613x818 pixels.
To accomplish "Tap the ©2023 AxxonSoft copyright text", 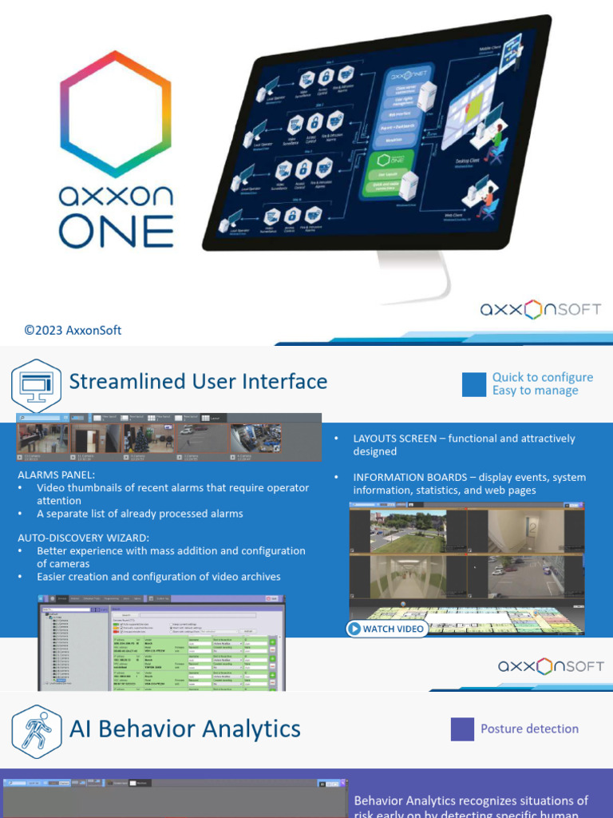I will coord(73,330).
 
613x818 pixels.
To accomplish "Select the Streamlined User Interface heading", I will coord(198,382).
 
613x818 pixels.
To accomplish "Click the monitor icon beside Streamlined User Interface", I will coord(35,385).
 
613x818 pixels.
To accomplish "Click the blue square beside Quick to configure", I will coord(473,384).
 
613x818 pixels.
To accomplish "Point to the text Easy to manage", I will coord(535,391).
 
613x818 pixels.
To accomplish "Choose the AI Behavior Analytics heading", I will coord(185,729).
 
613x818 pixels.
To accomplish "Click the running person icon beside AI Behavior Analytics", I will coord(35,730).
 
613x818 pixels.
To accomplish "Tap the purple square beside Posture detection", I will coord(462,729).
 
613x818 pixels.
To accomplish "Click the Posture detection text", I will coord(529,729).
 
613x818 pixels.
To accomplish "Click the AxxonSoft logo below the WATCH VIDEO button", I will coord(551,666).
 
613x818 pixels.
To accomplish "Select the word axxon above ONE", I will coord(117,196).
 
